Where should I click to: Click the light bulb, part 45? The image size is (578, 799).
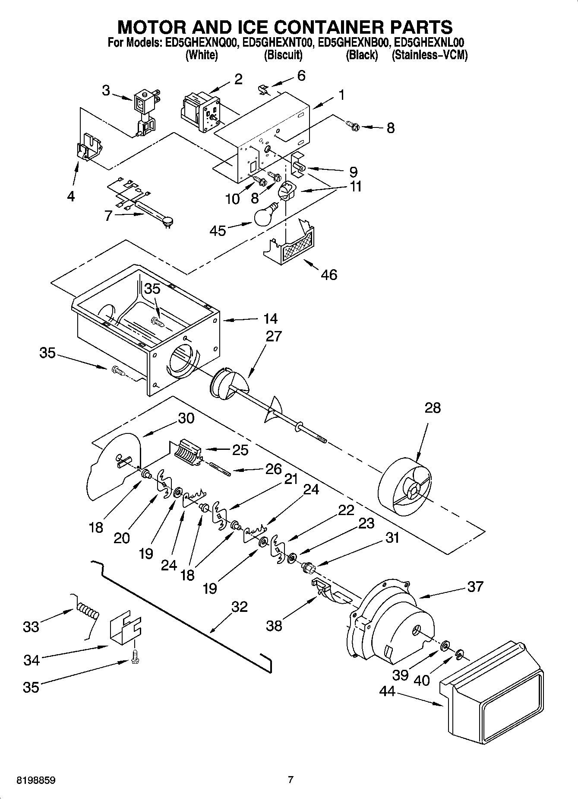[264, 216]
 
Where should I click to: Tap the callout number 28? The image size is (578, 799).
[433, 407]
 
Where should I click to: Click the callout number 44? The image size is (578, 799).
[387, 691]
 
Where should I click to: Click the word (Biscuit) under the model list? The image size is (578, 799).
[283, 55]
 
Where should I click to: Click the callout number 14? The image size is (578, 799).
[270, 319]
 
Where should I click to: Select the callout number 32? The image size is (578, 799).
[240, 607]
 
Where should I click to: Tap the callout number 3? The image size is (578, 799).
[106, 90]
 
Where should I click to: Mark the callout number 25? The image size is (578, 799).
[240, 450]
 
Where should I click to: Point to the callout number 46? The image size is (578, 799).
[329, 274]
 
